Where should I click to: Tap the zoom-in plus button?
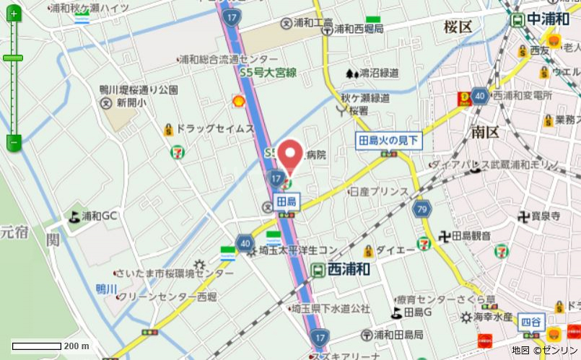click(13, 14)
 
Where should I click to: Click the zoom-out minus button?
click(13, 142)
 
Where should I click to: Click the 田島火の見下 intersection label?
click(388, 141)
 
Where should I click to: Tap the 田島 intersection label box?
click(286, 203)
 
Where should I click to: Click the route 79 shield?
click(423, 209)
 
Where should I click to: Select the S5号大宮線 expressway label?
click(269, 72)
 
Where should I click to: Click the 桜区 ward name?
click(458, 27)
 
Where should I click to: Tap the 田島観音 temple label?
click(471, 236)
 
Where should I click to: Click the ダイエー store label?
click(395, 250)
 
